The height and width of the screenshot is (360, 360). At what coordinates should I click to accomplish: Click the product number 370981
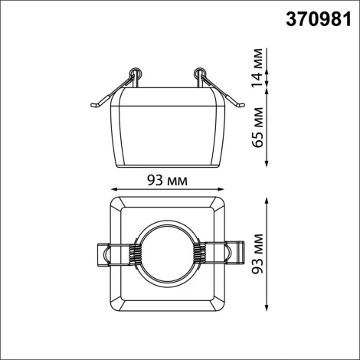313,18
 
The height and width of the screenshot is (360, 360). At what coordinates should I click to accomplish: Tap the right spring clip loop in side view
200,74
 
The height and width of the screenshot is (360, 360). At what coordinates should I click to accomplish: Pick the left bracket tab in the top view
104,254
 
